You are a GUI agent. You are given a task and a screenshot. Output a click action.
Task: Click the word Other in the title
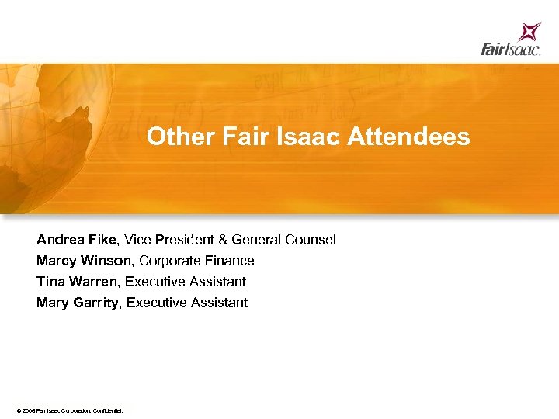tap(172, 137)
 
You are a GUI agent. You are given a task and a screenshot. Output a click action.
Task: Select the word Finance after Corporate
tap(230, 261)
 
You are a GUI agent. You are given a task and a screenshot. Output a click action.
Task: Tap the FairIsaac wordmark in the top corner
tap(510, 50)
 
